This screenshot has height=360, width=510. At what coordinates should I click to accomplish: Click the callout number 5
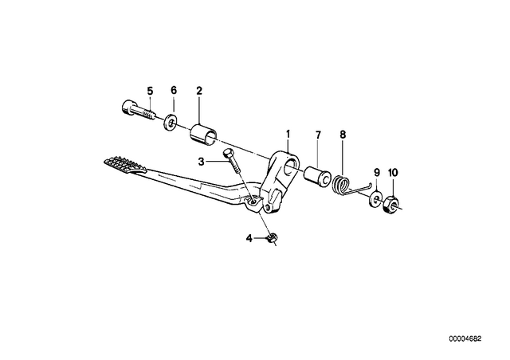[x=150, y=91]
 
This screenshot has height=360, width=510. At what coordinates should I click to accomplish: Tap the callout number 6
[x=174, y=91]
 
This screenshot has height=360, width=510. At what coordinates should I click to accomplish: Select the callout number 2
[x=199, y=91]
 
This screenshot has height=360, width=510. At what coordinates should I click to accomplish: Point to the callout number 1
[x=288, y=134]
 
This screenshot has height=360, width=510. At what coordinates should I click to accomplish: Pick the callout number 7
[x=318, y=135]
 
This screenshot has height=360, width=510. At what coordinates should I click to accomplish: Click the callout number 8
[x=343, y=135]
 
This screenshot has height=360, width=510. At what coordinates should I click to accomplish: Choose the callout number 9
[x=377, y=172]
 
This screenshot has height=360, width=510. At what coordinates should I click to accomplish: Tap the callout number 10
[x=393, y=173]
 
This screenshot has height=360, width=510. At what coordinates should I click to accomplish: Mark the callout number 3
[x=202, y=162]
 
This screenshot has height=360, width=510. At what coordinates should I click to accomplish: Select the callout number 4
[x=249, y=239]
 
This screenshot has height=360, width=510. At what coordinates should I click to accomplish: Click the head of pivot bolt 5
[x=127, y=108]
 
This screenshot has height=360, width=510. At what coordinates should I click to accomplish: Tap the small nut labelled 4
[x=272, y=237]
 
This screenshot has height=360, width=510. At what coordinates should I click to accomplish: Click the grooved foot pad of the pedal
[x=124, y=165]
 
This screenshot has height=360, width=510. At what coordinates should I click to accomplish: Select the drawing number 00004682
[x=465, y=339]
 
